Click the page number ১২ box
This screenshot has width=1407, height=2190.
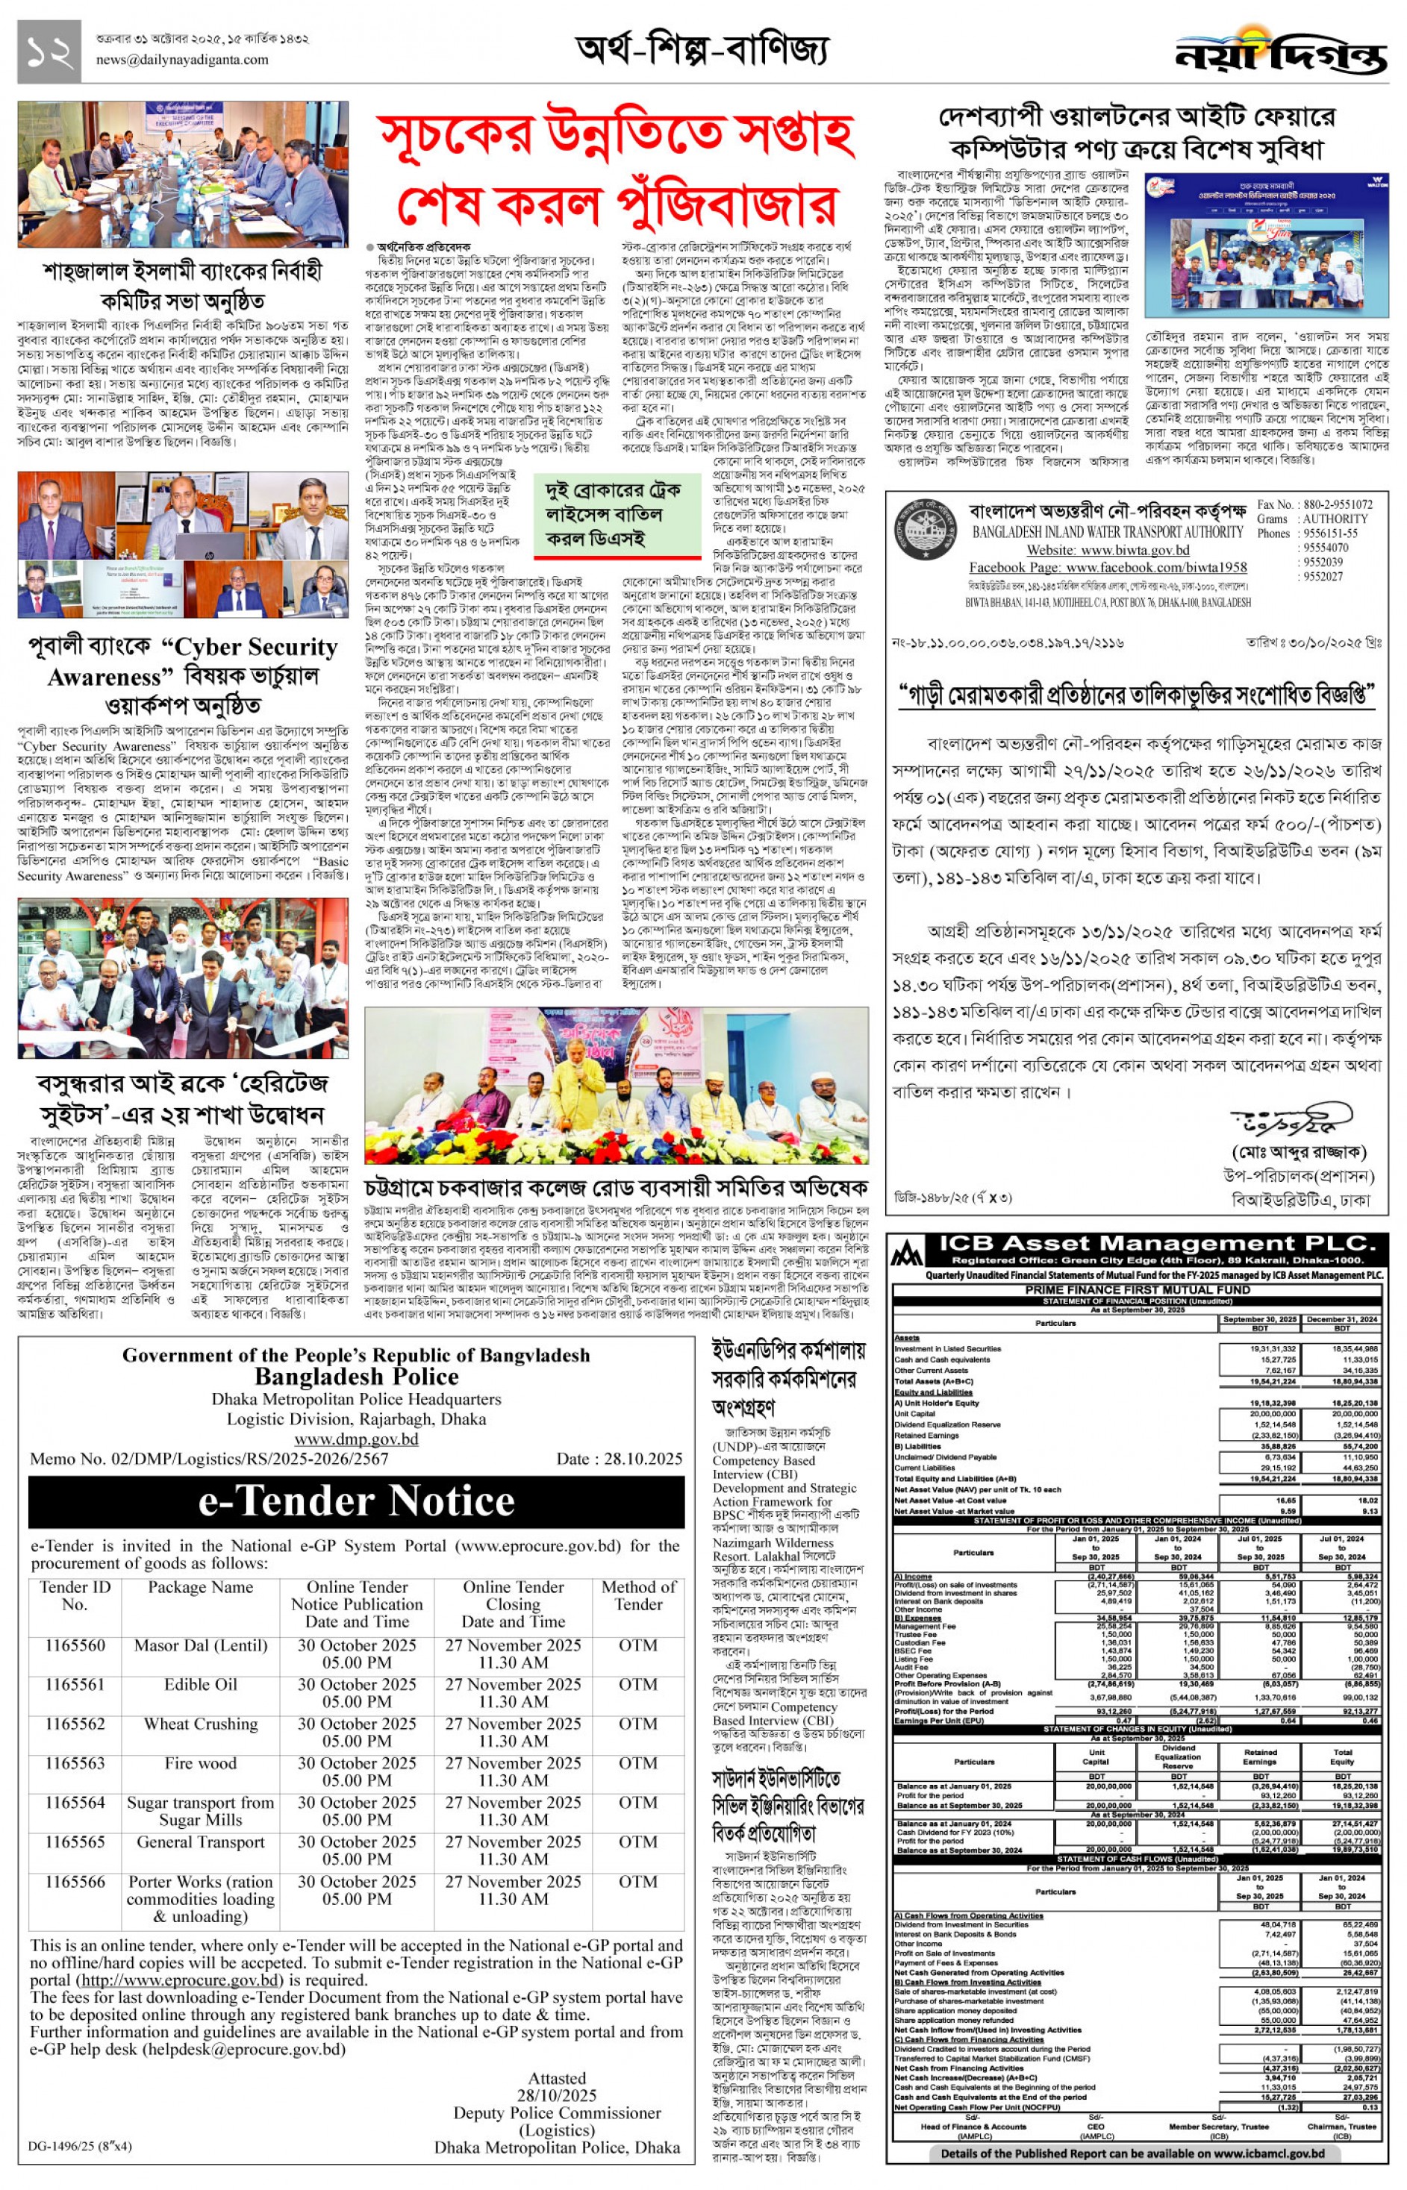point(49,52)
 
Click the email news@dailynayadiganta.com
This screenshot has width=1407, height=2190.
point(182,60)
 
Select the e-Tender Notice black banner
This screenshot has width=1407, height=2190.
point(356,1501)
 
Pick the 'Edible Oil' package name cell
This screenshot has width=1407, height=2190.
point(200,1685)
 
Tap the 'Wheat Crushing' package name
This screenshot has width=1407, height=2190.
point(200,1724)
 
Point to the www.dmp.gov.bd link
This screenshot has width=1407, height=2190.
point(355,1439)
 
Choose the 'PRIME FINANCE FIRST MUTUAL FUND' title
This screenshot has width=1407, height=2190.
point(1138,1289)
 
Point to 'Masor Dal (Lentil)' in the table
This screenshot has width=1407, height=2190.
point(200,1646)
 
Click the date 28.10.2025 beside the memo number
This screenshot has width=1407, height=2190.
point(620,1459)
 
